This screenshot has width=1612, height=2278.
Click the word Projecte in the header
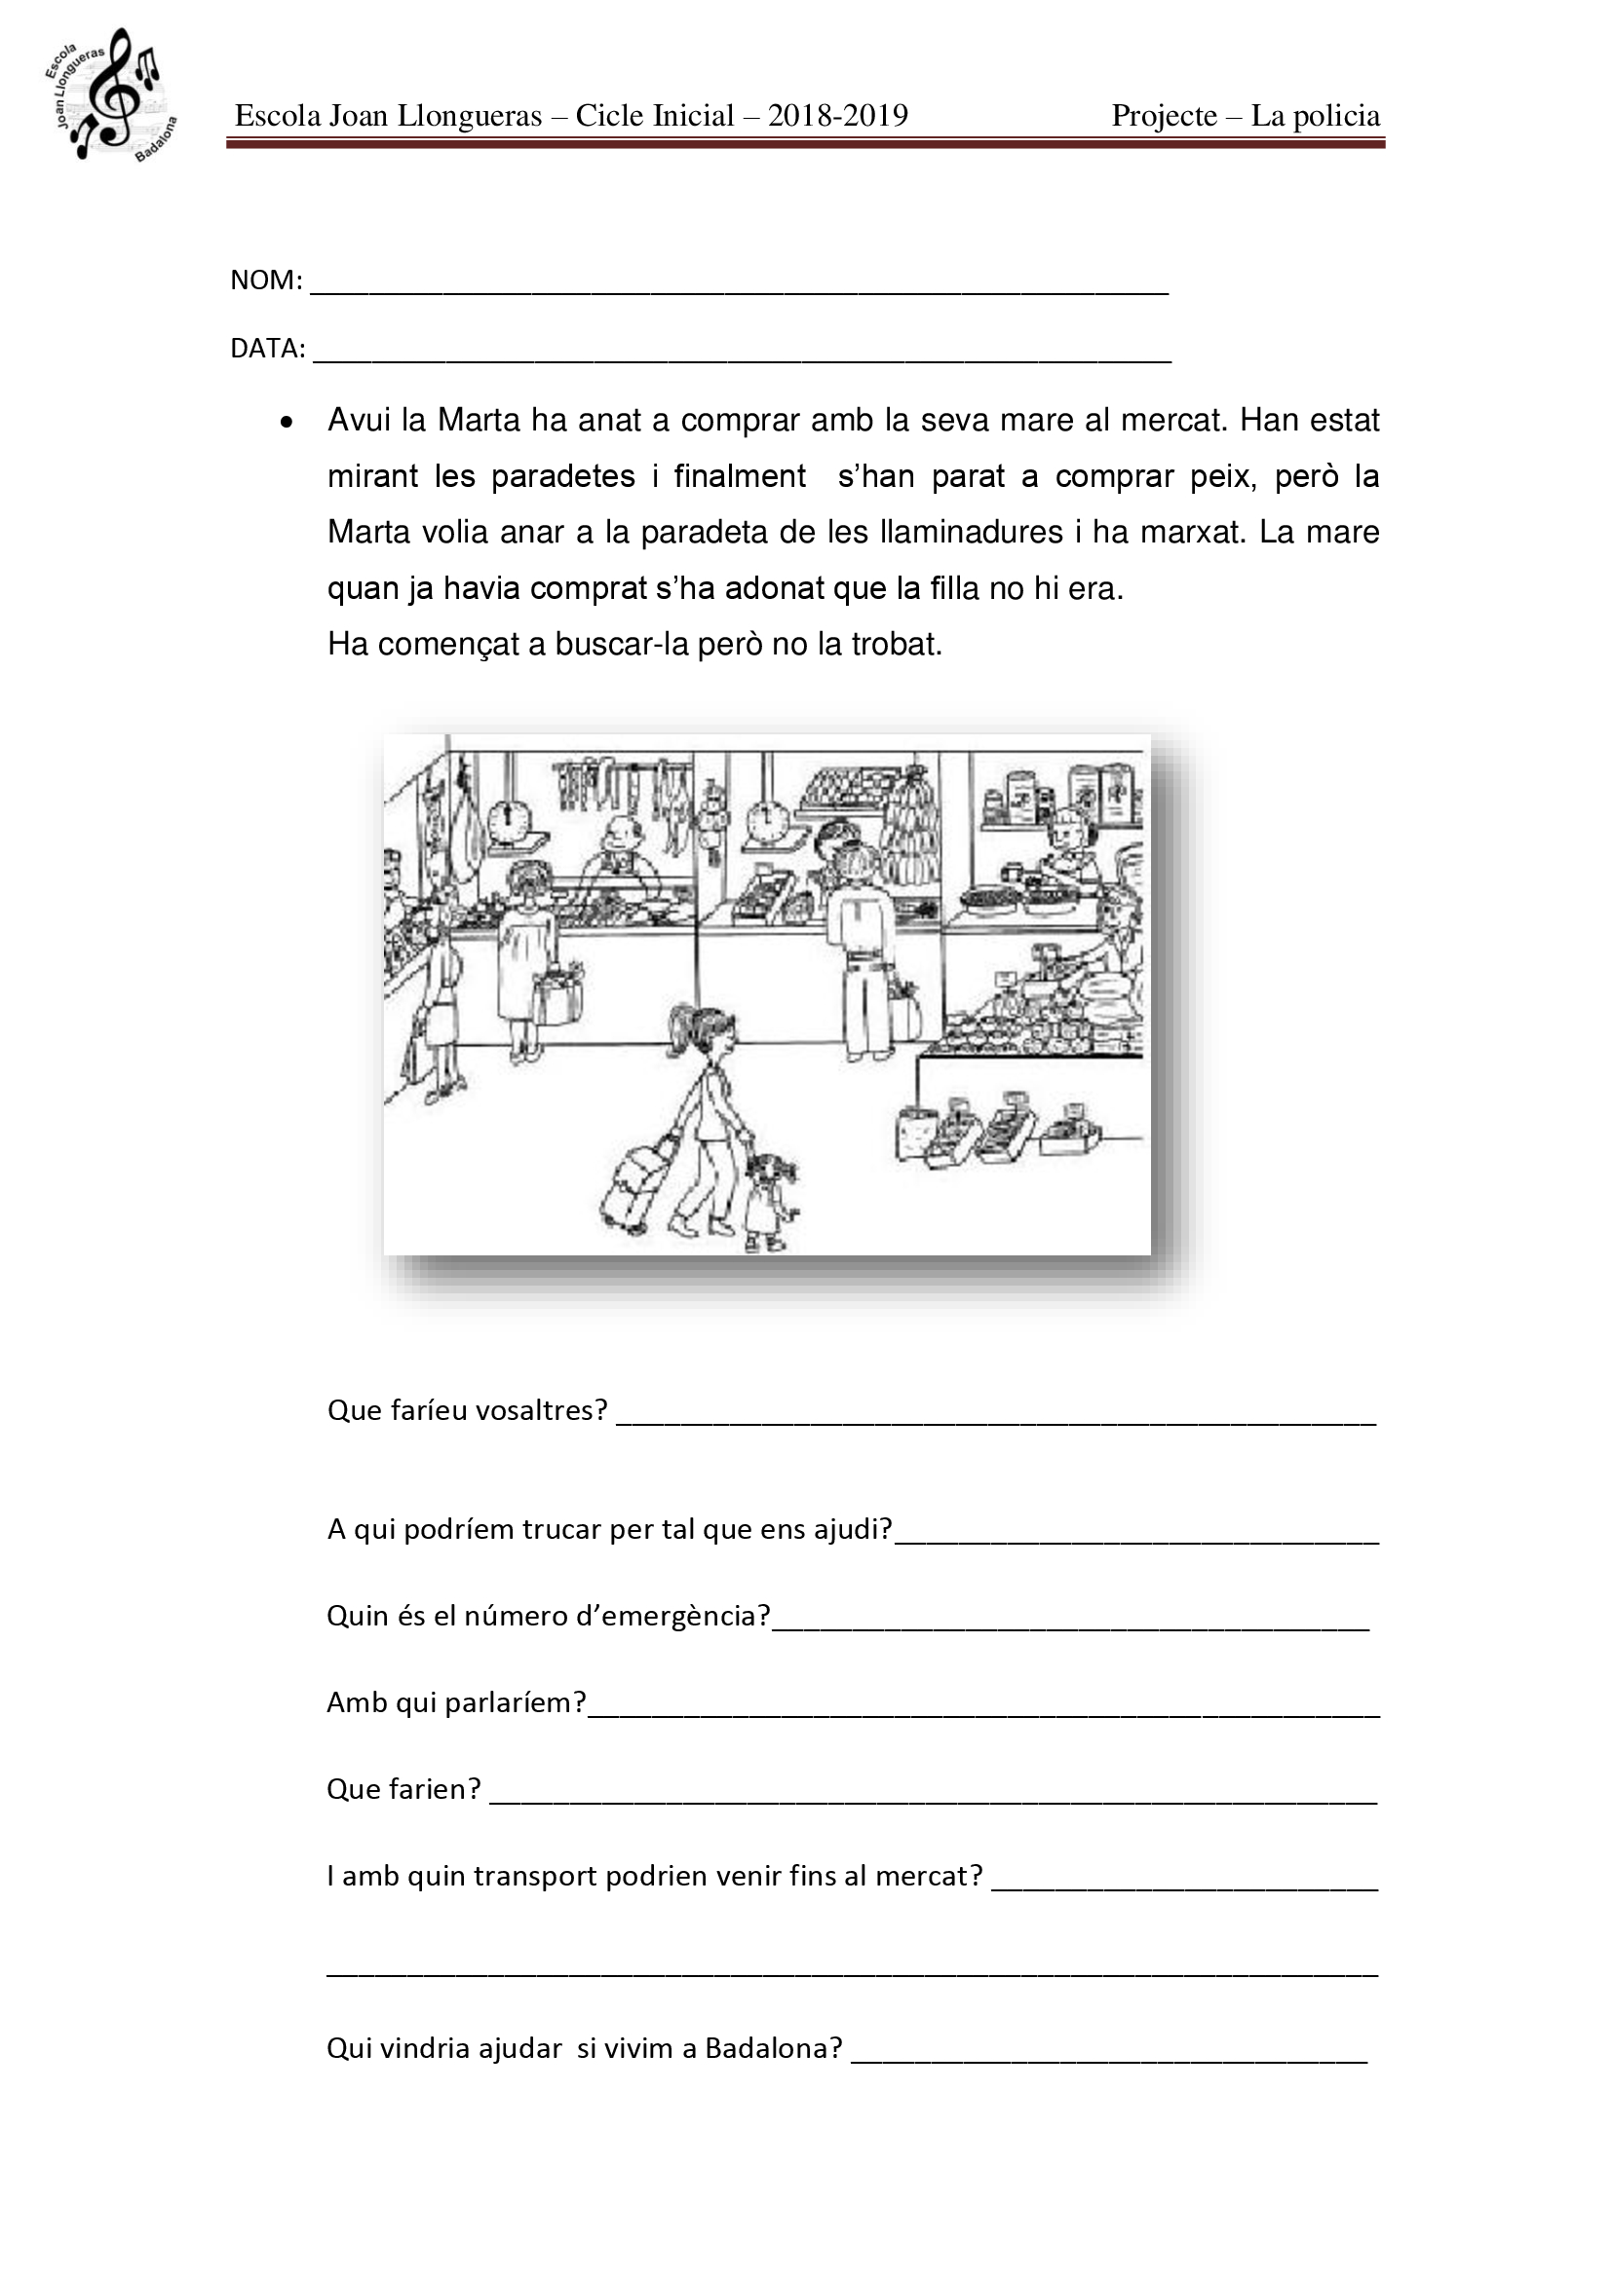point(1164,116)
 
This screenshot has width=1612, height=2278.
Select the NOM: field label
point(266,280)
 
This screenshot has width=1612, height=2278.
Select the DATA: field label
point(268,350)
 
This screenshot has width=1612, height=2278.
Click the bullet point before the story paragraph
point(287,423)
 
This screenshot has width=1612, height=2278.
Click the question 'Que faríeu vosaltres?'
point(467,1411)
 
